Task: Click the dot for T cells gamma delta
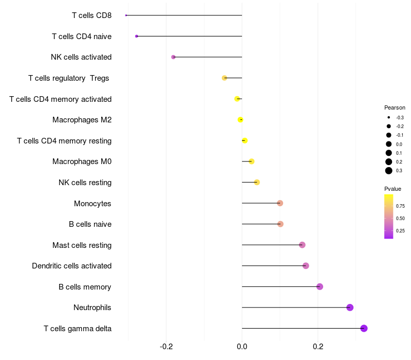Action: [364, 328]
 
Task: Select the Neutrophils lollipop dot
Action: [350, 308]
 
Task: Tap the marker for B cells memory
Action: [320, 286]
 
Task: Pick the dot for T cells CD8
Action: [126, 15]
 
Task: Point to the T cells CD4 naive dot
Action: [136, 36]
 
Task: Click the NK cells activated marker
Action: [173, 57]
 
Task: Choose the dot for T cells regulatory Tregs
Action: [224, 78]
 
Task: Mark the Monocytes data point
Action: [280, 203]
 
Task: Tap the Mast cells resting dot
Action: [302, 245]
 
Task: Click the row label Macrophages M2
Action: [82, 120]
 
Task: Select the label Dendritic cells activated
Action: [71, 266]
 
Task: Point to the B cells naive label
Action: [90, 224]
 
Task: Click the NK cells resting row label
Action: [85, 183]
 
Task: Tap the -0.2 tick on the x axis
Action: [166, 347]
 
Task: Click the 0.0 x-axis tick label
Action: [242, 347]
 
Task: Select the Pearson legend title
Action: [395, 108]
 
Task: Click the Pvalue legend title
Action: [393, 189]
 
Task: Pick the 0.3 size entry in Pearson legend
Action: [389, 171]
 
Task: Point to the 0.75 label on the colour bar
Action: [400, 206]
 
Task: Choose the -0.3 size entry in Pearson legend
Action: [389, 117]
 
